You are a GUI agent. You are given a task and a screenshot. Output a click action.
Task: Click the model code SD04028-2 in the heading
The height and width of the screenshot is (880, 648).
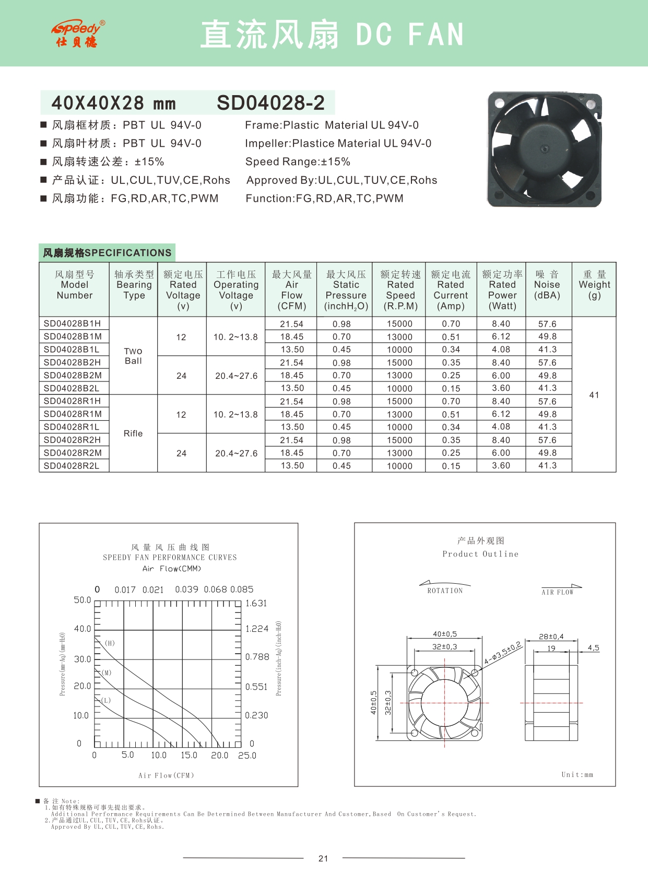click(270, 103)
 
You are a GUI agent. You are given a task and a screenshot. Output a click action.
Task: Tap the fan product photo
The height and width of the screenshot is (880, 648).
click(544, 149)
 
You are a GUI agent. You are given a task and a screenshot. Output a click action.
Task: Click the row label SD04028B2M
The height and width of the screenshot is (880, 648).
click(73, 375)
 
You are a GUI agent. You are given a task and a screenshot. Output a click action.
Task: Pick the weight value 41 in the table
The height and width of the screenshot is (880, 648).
click(594, 395)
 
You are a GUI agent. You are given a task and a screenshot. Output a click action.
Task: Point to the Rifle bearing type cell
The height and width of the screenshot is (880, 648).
click(133, 433)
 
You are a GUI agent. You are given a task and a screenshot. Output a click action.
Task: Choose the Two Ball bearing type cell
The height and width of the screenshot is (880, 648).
click(133, 356)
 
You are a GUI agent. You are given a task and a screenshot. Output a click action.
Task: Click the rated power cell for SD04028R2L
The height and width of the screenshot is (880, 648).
click(501, 466)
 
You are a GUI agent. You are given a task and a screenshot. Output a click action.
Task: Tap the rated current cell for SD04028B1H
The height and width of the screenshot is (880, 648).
click(451, 324)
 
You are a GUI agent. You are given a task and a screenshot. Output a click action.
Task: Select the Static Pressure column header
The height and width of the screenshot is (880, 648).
click(346, 290)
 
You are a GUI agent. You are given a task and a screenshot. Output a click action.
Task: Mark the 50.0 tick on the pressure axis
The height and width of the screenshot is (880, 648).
click(83, 600)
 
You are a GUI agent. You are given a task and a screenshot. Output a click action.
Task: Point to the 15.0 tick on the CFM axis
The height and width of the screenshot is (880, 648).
click(189, 755)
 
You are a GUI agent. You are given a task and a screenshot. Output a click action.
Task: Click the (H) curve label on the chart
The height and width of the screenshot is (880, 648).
click(110, 643)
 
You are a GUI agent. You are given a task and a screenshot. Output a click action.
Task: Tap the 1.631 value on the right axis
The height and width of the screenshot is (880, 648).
click(256, 603)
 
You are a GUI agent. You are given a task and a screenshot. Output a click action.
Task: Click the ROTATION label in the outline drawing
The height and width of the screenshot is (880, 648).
click(445, 590)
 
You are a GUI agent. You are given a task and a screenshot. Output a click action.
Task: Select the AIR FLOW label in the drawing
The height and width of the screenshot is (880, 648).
click(557, 592)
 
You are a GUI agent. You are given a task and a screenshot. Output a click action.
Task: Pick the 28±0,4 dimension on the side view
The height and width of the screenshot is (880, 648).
click(551, 636)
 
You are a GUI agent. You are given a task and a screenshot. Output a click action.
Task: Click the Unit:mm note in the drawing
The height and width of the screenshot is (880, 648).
click(577, 774)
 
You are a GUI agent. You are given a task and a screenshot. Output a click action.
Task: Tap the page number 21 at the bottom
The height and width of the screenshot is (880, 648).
click(323, 858)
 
